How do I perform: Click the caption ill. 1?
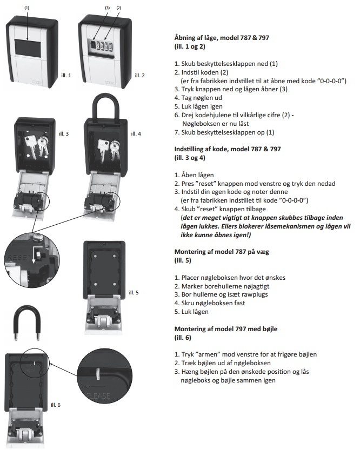click(66, 75)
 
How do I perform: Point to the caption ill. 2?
click(139, 75)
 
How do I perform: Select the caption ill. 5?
click(134, 292)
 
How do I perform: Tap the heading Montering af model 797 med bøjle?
click(228, 329)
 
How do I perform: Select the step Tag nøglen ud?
click(200, 98)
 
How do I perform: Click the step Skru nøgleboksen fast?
click(211, 304)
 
